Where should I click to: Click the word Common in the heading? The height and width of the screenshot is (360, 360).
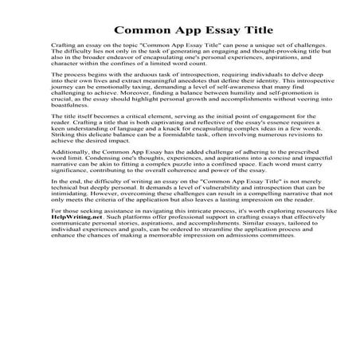142,31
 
